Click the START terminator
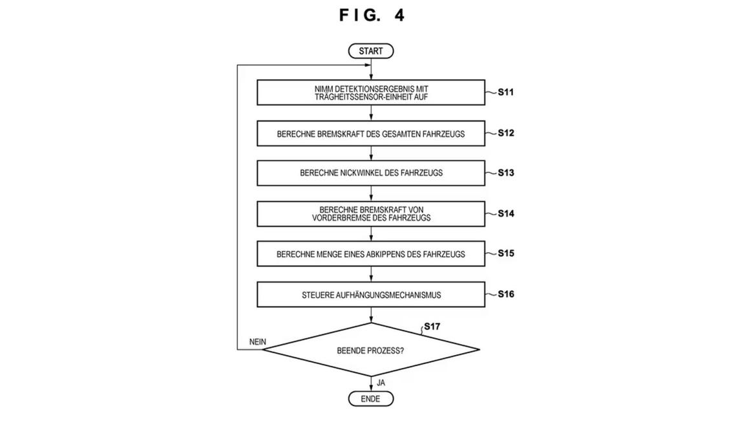pyautogui.click(x=371, y=51)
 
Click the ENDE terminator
pyautogui.click(x=371, y=399)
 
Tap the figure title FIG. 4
pyautogui.click(x=372, y=16)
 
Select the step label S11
pyautogui.click(x=506, y=92)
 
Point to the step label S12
pyautogui.click(x=506, y=133)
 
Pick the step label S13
pyautogui.click(x=506, y=173)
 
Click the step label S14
pyautogui.click(x=506, y=213)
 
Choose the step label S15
pyautogui.click(x=506, y=253)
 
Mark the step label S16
pyautogui.click(x=506, y=294)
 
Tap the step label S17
pyautogui.click(x=432, y=327)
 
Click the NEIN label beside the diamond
pyautogui.click(x=258, y=342)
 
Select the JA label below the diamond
pyautogui.click(x=381, y=383)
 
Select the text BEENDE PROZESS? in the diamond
pyautogui.click(x=371, y=351)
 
